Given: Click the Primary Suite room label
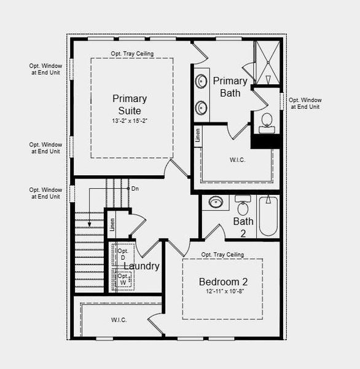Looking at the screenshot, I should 130,105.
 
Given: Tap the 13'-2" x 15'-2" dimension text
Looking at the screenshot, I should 130,121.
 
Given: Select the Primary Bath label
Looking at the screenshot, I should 230,87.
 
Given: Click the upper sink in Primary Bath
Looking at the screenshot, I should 202,81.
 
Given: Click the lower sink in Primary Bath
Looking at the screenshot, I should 202,108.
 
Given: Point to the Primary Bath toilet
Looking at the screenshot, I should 267,123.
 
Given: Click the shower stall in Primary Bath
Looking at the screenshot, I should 267,62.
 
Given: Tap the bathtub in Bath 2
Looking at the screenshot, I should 268,215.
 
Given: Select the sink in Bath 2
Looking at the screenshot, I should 215,202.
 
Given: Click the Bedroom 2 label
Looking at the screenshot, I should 222,282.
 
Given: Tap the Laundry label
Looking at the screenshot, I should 142,266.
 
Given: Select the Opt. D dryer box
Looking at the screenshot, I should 123,254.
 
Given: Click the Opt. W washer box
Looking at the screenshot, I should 124,279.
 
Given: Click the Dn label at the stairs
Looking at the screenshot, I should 135,188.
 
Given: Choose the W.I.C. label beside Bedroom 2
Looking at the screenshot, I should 119,320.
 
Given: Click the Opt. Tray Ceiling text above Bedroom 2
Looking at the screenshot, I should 222,255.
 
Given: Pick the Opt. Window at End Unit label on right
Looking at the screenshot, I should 305,103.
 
